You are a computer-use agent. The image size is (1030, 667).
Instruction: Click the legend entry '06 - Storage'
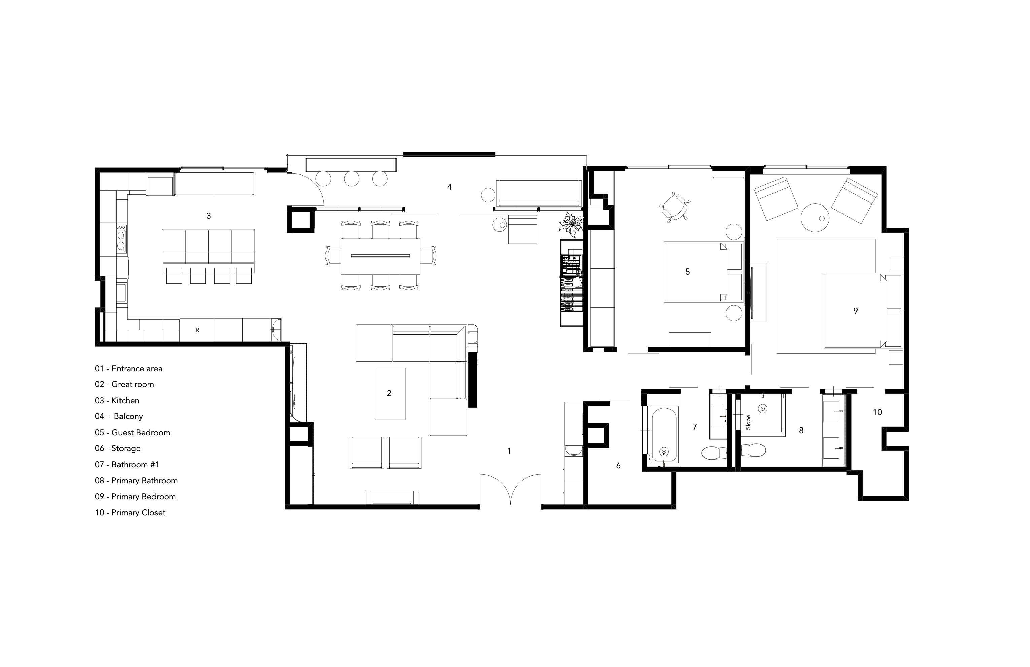click(118, 448)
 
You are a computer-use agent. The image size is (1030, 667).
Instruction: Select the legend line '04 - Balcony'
click(119, 416)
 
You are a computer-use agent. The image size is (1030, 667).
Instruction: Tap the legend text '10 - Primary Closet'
click(130, 512)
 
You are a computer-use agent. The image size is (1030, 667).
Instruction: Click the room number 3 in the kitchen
click(209, 216)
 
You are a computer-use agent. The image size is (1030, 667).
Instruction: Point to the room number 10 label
click(877, 412)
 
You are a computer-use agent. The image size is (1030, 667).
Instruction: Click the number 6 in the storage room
click(618, 466)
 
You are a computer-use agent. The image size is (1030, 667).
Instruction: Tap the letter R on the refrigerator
click(197, 330)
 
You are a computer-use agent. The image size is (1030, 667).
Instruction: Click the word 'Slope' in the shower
click(748, 422)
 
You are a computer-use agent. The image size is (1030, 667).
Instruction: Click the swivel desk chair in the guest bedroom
click(674, 207)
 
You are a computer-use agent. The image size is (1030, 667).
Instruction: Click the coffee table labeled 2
click(390, 393)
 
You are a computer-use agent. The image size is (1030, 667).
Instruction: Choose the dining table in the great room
click(380, 256)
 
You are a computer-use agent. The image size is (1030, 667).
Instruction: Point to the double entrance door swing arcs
click(511, 488)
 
